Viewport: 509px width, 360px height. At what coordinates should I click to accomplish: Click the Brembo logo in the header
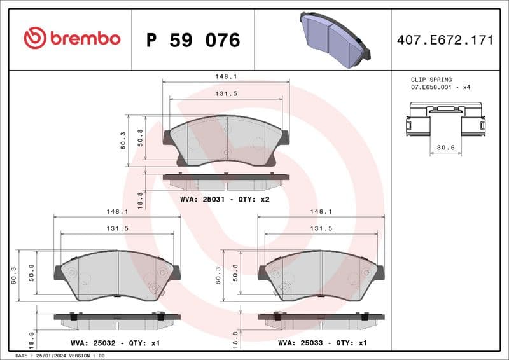coord(72,38)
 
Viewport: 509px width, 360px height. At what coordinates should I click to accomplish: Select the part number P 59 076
coord(193,40)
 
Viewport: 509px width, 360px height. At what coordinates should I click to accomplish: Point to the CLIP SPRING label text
coord(431,80)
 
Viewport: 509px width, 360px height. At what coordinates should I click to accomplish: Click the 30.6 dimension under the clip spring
coord(445,148)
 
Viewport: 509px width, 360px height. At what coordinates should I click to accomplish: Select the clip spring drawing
coord(445,120)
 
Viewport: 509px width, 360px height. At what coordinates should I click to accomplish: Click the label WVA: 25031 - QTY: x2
coord(226,199)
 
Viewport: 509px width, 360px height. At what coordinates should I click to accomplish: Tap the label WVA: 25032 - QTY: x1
coord(115,343)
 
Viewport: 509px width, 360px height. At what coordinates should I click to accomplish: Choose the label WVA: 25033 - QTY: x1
coord(323,343)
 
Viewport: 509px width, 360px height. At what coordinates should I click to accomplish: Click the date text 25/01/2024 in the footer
coord(50,356)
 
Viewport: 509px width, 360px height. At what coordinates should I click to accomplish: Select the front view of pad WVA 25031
coord(227,141)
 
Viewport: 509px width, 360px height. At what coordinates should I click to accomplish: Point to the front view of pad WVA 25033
coord(321,275)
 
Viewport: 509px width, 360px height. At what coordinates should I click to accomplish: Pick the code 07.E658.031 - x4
coord(440,87)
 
